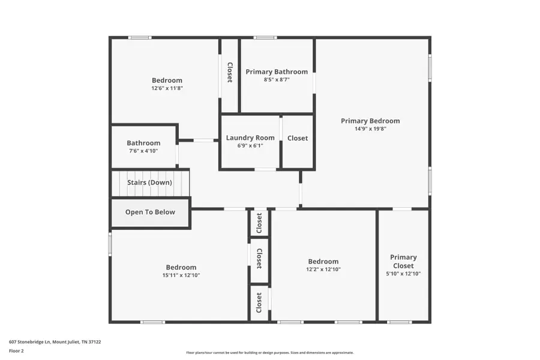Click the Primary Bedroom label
[x=370, y=121]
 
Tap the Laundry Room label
[x=250, y=138]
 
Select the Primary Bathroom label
[x=277, y=72]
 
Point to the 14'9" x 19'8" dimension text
[x=370, y=128]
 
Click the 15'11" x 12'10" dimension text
[x=181, y=275]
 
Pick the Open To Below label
[x=150, y=212]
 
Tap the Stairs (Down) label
[x=149, y=182]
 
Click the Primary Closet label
[x=403, y=262]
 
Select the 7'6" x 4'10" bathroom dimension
[x=143, y=151]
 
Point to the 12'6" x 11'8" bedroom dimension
[x=167, y=88]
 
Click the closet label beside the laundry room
[x=298, y=139]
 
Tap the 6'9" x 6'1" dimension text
[x=250, y=145]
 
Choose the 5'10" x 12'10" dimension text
[x=403, y=274]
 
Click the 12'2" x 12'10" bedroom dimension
[x=323, y=269]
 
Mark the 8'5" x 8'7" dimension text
[x=277, y=79]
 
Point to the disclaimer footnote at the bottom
[x=269, y=353]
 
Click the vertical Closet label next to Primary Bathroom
[x=229, y=73]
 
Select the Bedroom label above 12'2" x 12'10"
[x=323, y=262]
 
